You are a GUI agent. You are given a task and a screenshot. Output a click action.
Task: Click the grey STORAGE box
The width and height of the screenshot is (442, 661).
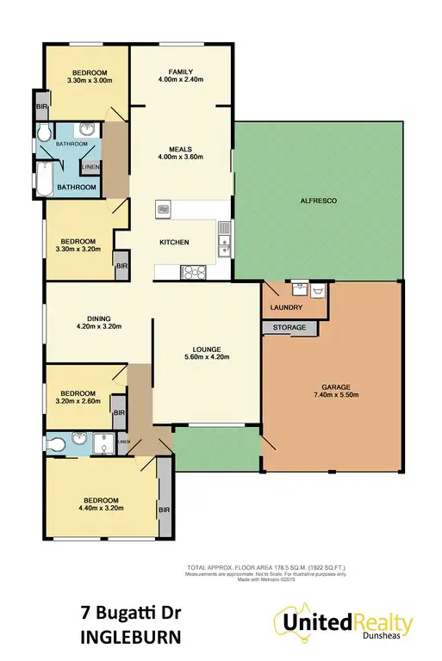click(x=289, y=328)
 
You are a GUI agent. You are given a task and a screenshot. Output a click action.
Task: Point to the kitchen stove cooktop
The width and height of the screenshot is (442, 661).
click(x=191, y=272)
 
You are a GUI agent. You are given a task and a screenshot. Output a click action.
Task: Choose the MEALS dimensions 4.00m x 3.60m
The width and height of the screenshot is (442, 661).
click(x=180, y=156)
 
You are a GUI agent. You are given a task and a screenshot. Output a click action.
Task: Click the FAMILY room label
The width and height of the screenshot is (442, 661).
click(x=180, y=71)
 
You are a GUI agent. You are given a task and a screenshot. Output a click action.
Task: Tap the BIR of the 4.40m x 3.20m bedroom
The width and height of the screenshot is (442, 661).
click(x=165, y=510)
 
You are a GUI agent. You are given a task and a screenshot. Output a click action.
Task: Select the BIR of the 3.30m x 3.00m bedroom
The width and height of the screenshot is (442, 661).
click(x=40, y=107)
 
